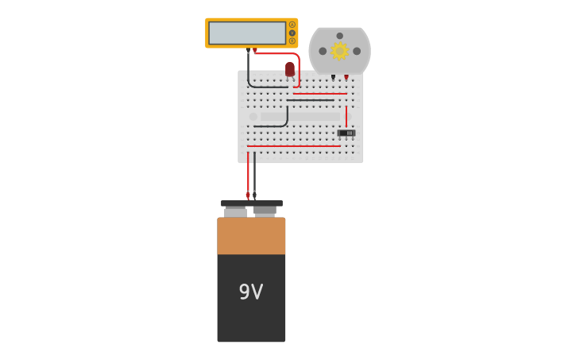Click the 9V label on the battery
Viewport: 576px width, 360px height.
pos(251,292)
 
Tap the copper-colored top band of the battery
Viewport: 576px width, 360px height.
pos(251,236)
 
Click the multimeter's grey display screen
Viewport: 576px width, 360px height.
pos(247,33)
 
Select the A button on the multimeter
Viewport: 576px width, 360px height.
pos(292,25)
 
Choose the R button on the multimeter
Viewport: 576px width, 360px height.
pos(292,41)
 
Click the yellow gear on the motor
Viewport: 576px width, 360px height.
pos(340,51)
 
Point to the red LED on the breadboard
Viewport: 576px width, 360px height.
pos(290,69)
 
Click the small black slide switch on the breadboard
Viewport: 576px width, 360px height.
pos(346,133)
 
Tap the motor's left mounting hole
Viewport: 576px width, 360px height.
pos(323,51)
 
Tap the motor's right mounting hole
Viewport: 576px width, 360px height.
pos(357,51)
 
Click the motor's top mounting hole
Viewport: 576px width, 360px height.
pos(340,36)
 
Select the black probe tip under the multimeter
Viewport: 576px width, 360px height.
pos(248,52)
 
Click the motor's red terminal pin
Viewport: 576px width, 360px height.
pos(346,77)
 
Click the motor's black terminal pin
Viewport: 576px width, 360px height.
pos(333,77)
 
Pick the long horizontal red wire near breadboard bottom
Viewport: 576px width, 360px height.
pos(294,145)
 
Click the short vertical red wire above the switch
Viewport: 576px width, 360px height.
pos(346,115)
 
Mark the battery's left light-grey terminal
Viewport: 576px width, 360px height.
pos(235,212)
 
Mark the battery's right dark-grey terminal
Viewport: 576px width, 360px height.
pos(265,211)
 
